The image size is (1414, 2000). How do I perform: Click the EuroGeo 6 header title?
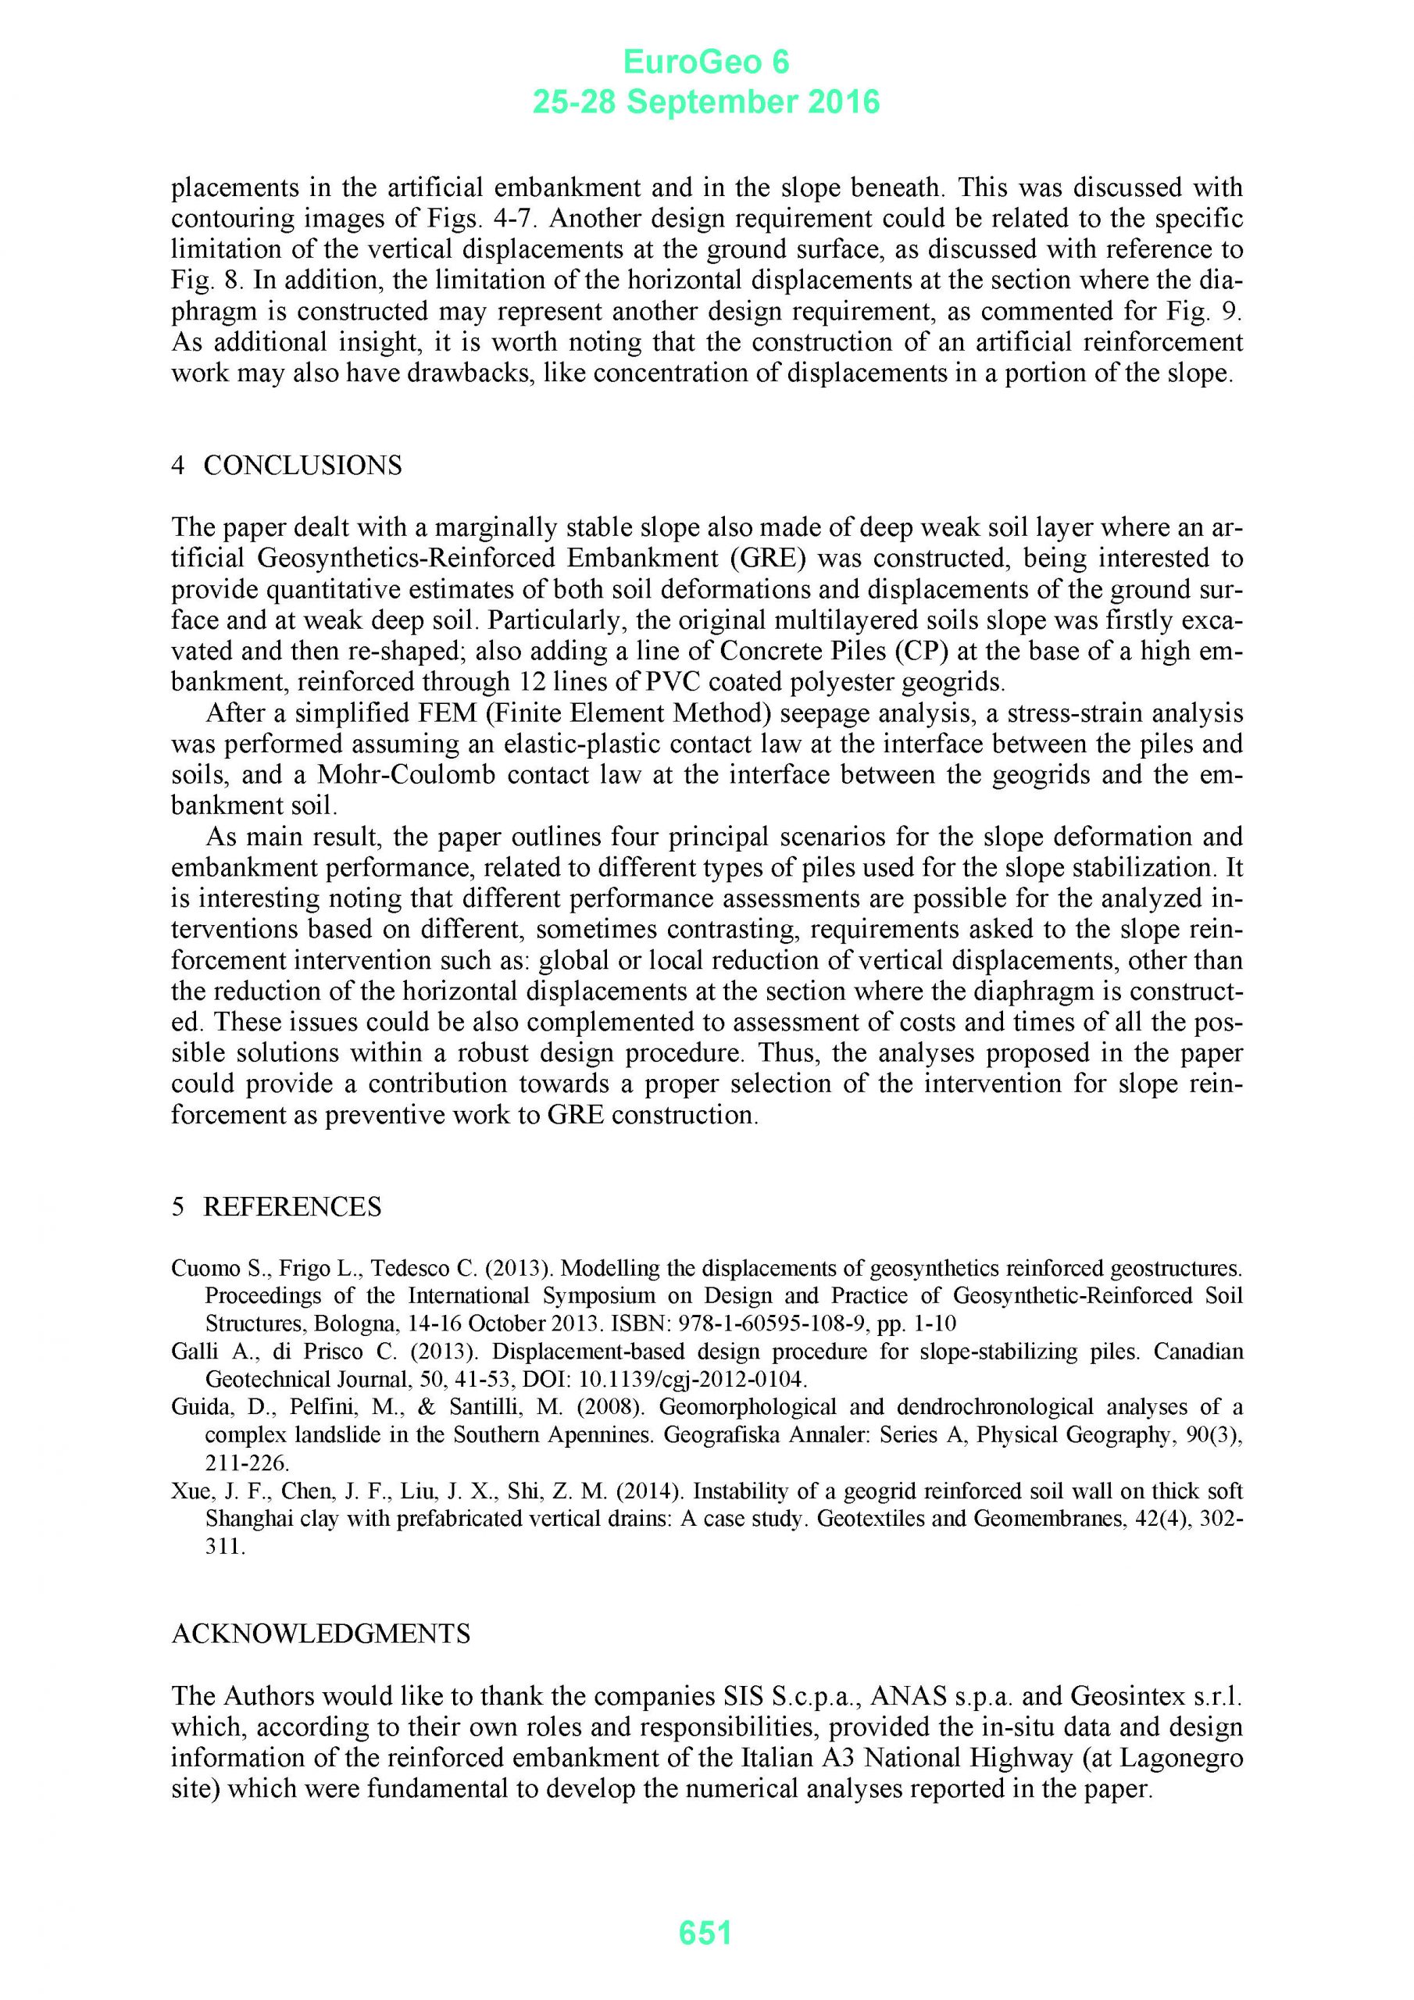(x=705, y=62)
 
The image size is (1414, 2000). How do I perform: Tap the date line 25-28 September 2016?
(x=705, y=103)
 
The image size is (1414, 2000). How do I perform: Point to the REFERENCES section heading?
(x=292, y=1206)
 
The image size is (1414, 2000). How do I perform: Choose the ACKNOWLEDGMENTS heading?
(x=320, y=1634)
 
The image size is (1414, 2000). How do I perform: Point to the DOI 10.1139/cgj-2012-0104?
(x=694, y=1380)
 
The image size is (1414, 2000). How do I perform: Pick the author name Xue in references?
(x=188, y=1491)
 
